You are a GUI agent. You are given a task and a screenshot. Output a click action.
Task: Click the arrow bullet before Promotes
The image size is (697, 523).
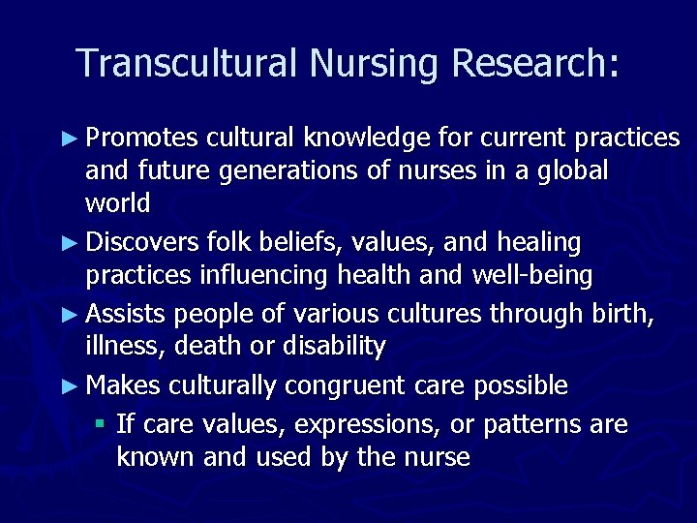click(x=73, y=138)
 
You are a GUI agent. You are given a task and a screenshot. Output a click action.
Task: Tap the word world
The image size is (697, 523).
click(x=118, y=203)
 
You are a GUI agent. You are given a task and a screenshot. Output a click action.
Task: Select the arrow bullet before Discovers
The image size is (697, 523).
click(x=73, y=241)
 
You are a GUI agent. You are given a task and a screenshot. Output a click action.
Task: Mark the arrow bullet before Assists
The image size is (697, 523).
click(x=73, y=313)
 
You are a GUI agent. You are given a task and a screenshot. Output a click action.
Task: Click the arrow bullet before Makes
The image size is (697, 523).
click(x=73, y=385)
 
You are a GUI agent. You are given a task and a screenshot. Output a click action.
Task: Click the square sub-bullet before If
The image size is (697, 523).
click(x=101, y=424)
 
